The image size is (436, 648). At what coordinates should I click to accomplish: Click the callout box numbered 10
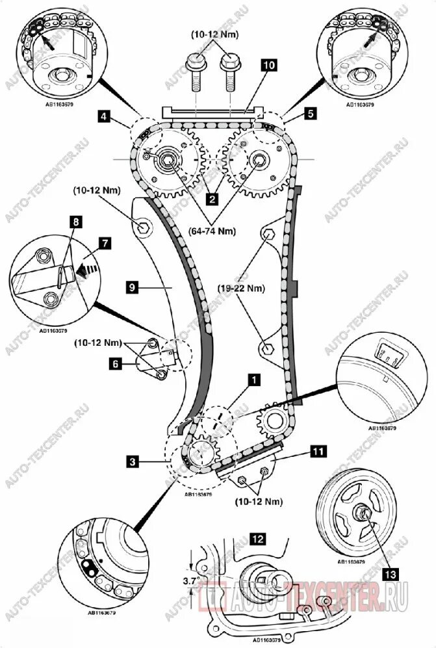(x=268, y=64)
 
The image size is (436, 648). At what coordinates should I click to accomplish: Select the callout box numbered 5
(x=311, y=114)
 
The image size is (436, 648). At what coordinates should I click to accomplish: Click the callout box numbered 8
(x=76, y=222)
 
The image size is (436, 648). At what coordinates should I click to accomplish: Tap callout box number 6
(x=115, y=364)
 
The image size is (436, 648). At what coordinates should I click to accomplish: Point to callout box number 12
(x=257, y=538)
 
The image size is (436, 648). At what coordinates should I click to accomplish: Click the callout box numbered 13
(x=390, y=573)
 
